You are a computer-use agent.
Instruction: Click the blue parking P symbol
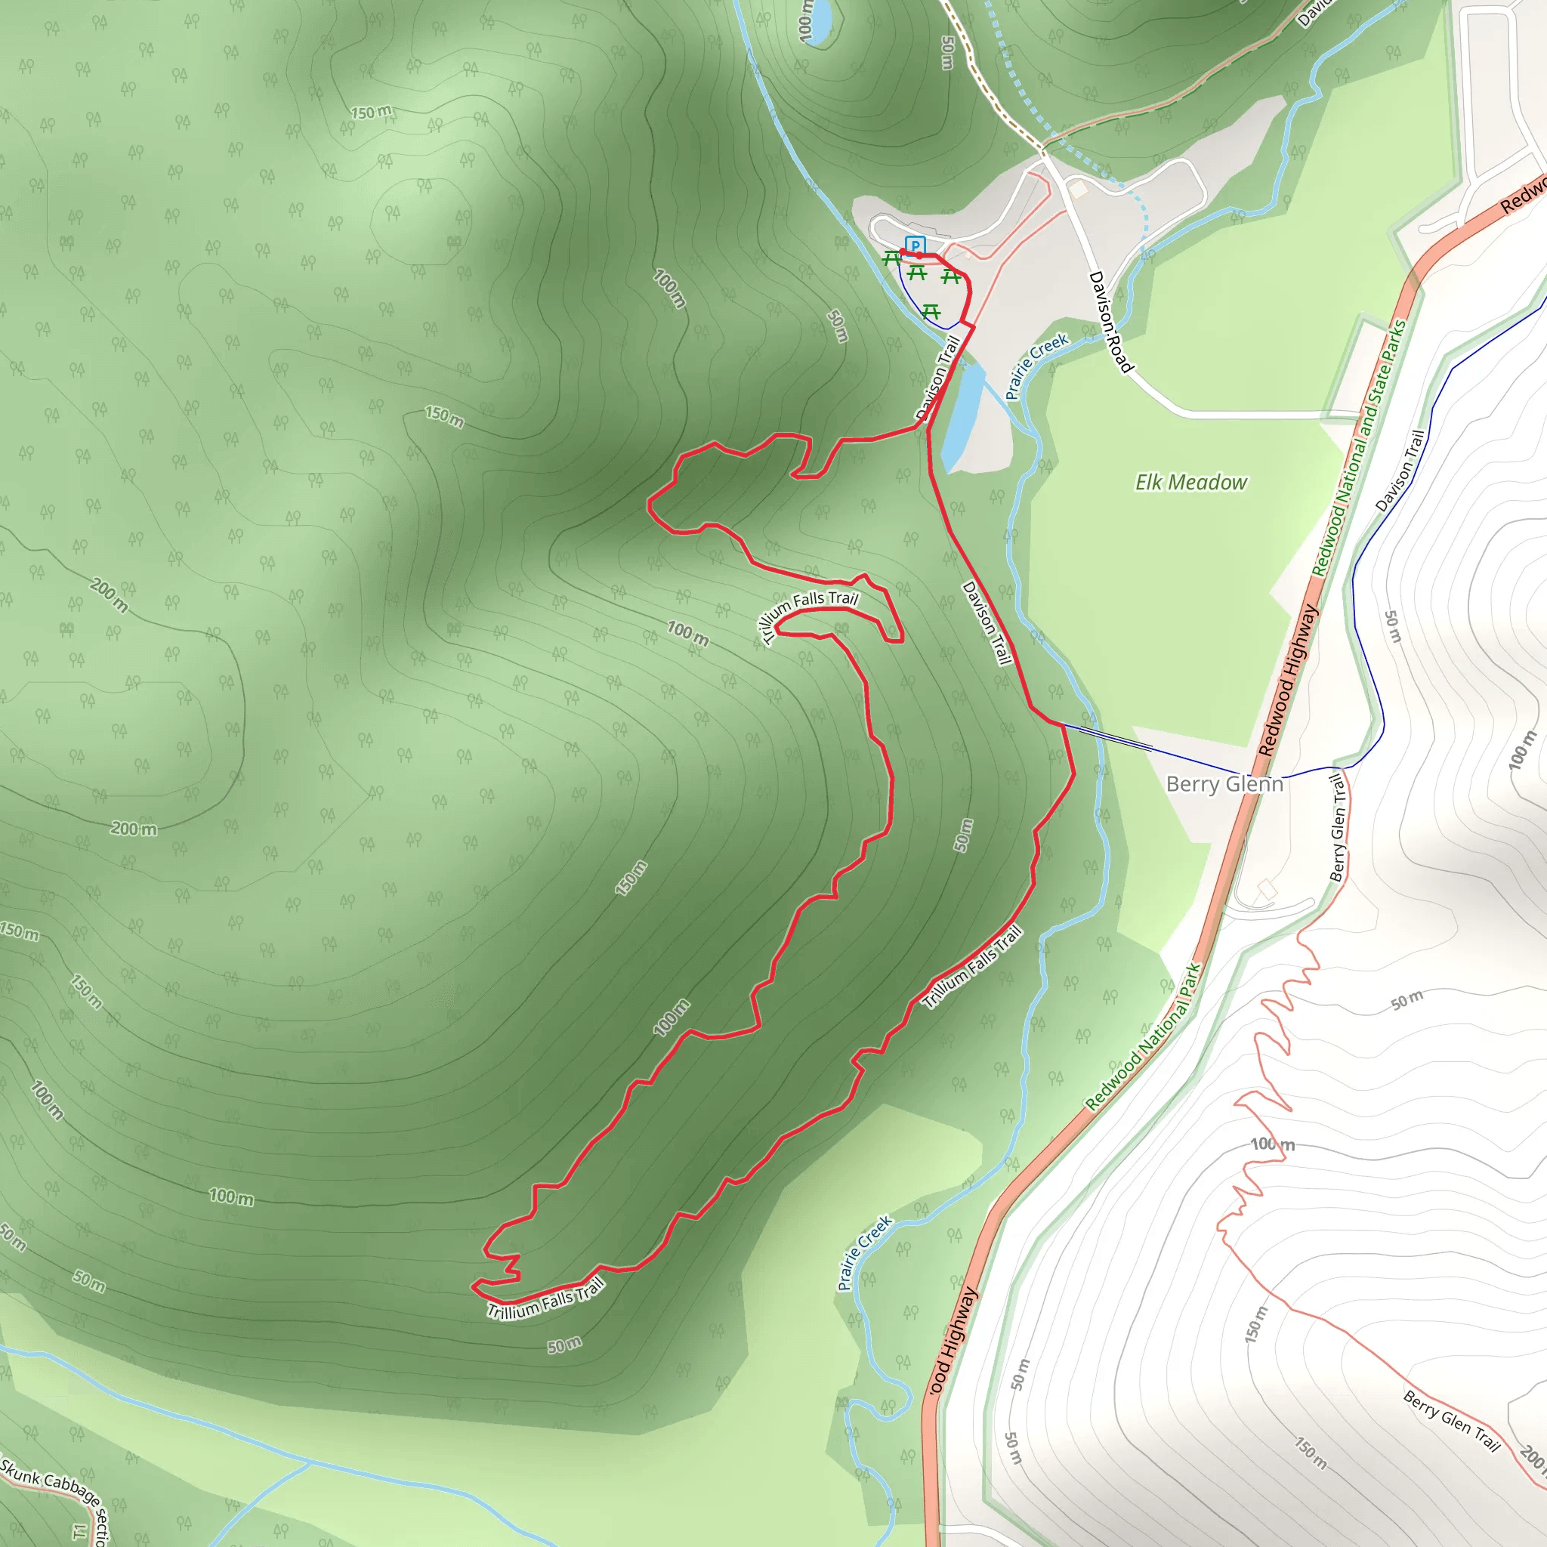915,245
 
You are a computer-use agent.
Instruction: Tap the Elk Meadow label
1190,482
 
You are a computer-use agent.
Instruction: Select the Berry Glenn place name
1224,784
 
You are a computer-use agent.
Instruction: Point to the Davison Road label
1110,322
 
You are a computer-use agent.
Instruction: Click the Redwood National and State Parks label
1358,449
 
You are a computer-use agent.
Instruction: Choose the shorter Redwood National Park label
1144,1037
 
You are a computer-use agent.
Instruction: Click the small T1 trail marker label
79,1531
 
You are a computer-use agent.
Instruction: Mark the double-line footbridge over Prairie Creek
1116,738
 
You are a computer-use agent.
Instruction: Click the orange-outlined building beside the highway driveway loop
1266,889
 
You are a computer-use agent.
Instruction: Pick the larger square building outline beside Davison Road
1079,189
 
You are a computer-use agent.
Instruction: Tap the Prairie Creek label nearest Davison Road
1036,366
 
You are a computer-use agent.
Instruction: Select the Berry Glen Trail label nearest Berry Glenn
1338,828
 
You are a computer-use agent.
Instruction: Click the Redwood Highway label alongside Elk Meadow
1288,681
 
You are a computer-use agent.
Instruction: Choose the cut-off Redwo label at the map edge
1521,196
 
